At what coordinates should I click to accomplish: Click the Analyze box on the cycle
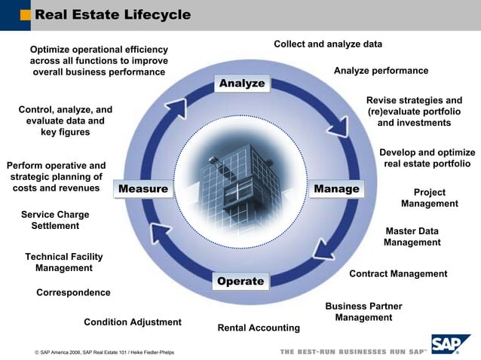point(242,83)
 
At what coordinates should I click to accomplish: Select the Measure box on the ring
point(142,188)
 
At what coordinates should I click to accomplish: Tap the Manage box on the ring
point(336,188)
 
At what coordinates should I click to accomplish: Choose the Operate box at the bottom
point(240,282)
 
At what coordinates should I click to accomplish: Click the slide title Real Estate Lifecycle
point(113,15)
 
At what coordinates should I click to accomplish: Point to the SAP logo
point(450,343)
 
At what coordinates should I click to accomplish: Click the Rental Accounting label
point(259,328)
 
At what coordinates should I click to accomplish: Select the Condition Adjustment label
point(133,322)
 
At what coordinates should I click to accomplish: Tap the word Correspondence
point(73,292)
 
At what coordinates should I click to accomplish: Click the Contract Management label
point(398,274)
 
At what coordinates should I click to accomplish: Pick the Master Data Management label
point(412,236)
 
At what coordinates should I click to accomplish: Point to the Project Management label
point(429,198)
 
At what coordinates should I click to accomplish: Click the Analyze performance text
point(381,71)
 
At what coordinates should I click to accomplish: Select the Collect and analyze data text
point(328,44)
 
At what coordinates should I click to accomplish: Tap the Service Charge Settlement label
point(55,220)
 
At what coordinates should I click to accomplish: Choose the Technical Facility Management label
point(64,262)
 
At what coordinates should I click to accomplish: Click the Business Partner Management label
point(363,312)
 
